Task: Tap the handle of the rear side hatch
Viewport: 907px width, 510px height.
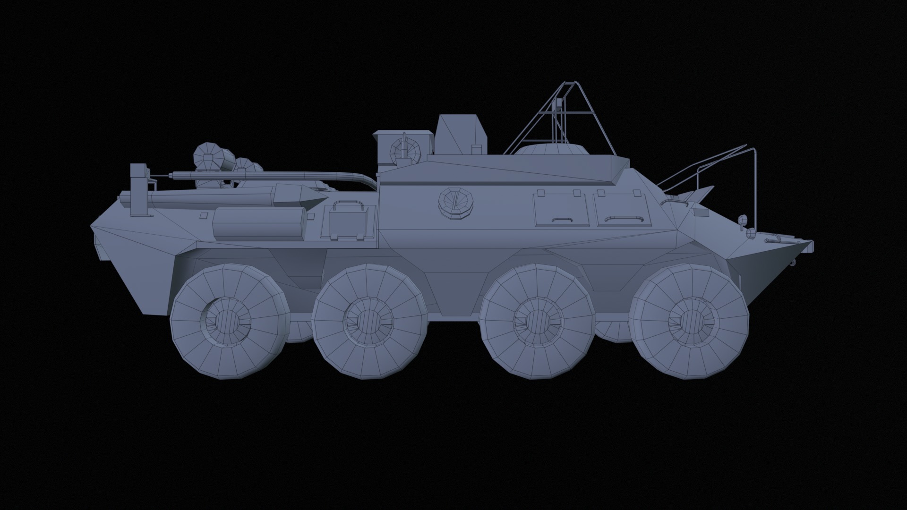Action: [x=561, y=219]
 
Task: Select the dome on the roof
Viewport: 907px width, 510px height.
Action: [x=551, y=149]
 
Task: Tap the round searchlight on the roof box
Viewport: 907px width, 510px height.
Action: [x=405, y=148]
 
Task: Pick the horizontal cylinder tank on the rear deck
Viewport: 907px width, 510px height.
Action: [x=259, y=223]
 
